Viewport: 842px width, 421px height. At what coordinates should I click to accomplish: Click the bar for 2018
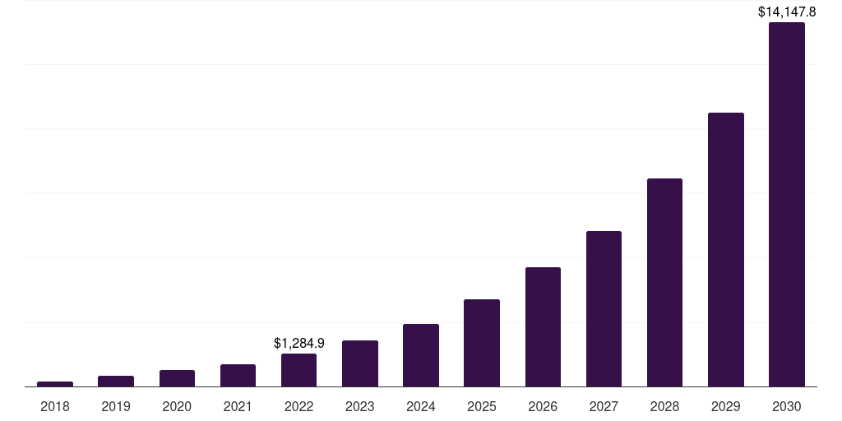(x=55, y=384)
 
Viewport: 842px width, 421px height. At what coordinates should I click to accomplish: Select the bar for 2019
(x=116, y=382)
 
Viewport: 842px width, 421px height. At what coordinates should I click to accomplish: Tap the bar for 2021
(x=238, y=375)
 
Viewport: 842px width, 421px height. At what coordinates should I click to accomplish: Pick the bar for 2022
(x=298, y=370)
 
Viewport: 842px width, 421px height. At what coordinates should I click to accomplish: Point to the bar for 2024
(x=421, y=355)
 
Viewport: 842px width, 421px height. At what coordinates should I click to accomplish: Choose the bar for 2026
(x=543, y=326)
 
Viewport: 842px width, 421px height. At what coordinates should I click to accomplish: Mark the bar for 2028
(x=664, y=283)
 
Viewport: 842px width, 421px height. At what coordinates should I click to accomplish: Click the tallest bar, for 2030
(x=787, y=204)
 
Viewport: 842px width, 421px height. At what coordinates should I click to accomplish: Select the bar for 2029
(x=726, y=250)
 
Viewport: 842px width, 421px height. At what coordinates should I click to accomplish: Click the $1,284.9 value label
(x=299, y=343)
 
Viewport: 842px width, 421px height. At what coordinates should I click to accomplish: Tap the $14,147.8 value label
(x=787, y=12)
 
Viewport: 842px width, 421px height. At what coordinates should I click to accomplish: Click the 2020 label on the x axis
(x=177, y=406)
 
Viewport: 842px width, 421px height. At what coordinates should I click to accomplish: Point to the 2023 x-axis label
(x=360, y=406)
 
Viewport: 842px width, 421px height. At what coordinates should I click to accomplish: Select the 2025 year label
(x=482, y=406)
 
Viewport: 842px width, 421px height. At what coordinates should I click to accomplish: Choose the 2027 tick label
(x=604, y=406)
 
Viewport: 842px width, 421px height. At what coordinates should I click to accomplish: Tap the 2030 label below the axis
(x=787, y=406)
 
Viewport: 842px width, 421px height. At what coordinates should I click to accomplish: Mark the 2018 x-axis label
(x=55, y=406)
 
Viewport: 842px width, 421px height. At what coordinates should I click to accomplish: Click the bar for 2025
(x=482, y=343)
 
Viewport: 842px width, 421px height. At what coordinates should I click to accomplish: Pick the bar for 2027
(x=604, y=309)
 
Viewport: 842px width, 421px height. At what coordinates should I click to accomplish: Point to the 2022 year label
(x=298, y=406)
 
